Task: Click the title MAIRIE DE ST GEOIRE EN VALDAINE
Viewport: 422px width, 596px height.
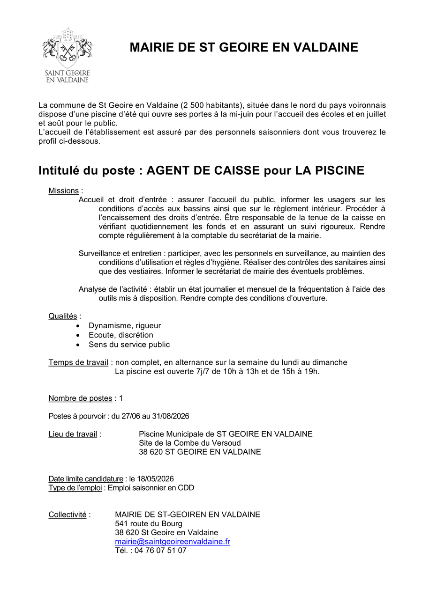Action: tap(244, 47)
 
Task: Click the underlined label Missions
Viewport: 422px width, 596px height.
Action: tap(63, 191)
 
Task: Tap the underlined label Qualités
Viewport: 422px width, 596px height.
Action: tap(63, 316)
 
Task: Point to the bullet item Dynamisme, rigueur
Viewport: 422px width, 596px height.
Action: tap(125, 326)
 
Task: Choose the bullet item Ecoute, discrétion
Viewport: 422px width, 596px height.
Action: tap(121, 335)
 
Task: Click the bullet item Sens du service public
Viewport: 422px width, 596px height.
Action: tap(129, 345)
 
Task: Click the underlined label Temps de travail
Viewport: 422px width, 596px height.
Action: tap(78, 362)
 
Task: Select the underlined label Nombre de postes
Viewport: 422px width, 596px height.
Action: tap(80, 398)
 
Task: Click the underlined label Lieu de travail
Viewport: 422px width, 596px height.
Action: tap(73, 434)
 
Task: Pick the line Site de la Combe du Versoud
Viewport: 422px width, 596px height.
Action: tap(190, 443)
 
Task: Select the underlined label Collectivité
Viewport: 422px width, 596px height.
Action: tap(68, 515)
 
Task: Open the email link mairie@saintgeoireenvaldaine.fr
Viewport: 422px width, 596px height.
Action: tap(173, 542)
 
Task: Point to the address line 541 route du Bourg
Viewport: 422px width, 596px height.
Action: tap(149, 524)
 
